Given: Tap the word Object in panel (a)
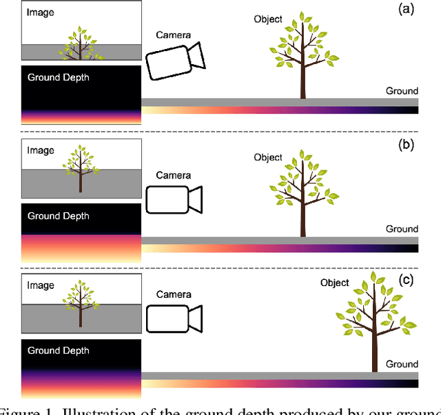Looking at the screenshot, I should [268, 19].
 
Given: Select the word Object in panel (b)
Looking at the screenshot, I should [268, 157].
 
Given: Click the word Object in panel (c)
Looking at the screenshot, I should [335, 283].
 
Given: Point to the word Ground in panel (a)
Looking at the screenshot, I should [402, 91].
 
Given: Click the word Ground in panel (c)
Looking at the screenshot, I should [402, 364].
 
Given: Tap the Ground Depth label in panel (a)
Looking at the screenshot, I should [58, 78].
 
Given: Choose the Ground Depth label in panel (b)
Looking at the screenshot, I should [58, 216].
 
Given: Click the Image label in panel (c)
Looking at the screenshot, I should [40, 285].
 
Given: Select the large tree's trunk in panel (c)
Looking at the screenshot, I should [374, 352].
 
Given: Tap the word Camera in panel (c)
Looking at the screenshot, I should [174, 294].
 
